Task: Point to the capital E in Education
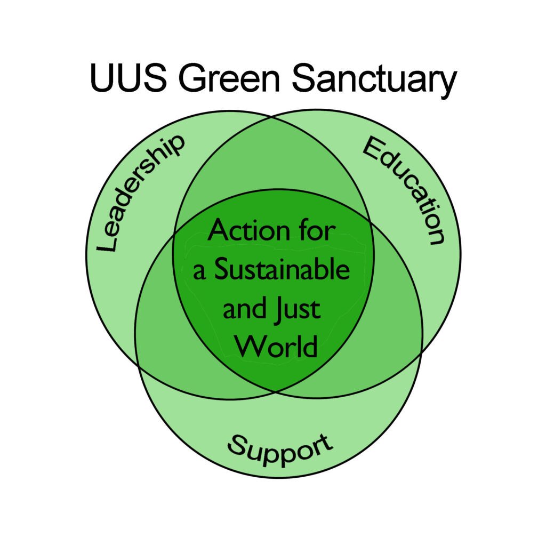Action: (373, 147)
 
